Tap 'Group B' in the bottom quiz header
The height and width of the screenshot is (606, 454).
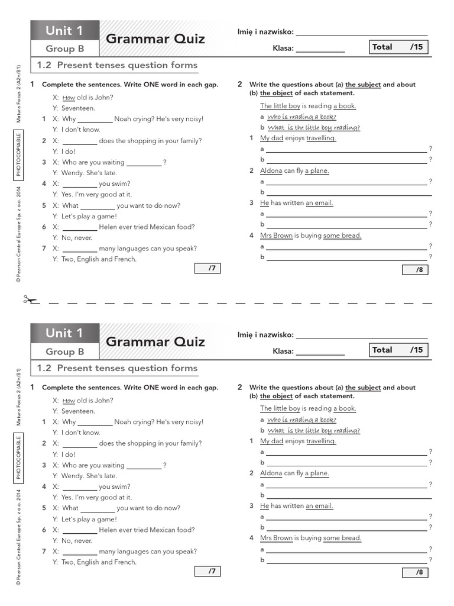65,352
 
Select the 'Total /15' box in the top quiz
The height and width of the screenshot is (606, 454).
398,47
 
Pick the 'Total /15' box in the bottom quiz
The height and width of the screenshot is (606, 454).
398,350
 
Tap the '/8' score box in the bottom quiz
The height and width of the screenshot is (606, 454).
419,572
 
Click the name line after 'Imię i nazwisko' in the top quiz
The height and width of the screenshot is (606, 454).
361,33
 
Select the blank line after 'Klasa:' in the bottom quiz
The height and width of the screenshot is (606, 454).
320,352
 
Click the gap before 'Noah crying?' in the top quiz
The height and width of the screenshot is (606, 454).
95,120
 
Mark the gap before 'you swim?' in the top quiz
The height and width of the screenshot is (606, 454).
79,184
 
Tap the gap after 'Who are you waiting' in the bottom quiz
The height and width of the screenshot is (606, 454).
144,466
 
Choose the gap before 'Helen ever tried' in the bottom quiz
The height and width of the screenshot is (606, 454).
79,530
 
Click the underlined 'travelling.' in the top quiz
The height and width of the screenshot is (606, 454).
321,138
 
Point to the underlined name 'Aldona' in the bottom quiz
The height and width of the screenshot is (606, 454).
271,473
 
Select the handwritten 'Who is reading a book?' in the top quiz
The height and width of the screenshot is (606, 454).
301,117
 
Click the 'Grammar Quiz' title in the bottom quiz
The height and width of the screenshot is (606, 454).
155,342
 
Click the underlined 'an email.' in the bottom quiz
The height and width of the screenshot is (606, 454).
319,506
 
